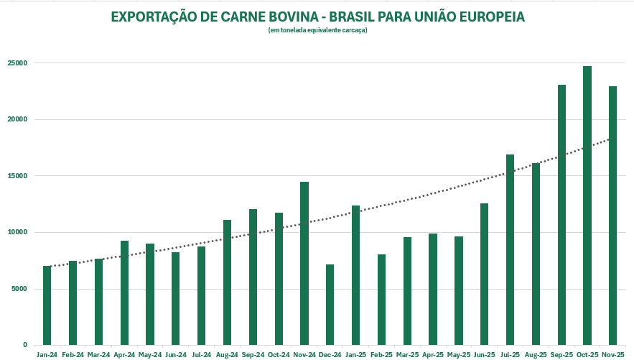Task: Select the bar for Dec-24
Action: (x=330, y=305)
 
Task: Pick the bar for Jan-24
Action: (x=47, y=305)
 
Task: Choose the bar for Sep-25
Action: (x=561, y=215)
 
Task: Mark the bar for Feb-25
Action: (x=381, y=300)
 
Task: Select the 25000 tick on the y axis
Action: (x=17, y=63)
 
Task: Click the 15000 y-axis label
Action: (x=17, y=176)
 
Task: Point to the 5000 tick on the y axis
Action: (x=19, y=289)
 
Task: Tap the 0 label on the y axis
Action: (x=25, y=345)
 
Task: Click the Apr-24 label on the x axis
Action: (x=124, y=354)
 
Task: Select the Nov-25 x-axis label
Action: (x=612, y=354)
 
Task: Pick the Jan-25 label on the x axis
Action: (x=355, y=354)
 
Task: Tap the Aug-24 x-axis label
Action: (x=227, y=354)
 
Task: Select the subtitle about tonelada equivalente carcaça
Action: (x=317, y=29)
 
